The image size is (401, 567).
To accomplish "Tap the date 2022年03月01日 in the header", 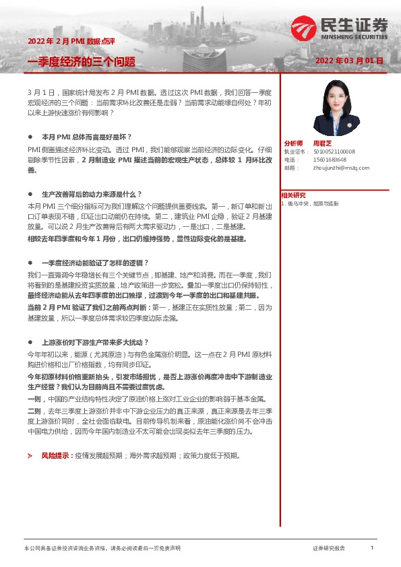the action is tap(349, 61).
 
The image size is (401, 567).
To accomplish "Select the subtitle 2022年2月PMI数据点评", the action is tap(65, 42).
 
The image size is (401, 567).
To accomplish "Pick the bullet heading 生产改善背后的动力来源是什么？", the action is tap(89, 193).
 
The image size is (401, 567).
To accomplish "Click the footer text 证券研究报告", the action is tap(328, 549).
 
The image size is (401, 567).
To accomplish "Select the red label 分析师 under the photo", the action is tap(293, 143).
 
